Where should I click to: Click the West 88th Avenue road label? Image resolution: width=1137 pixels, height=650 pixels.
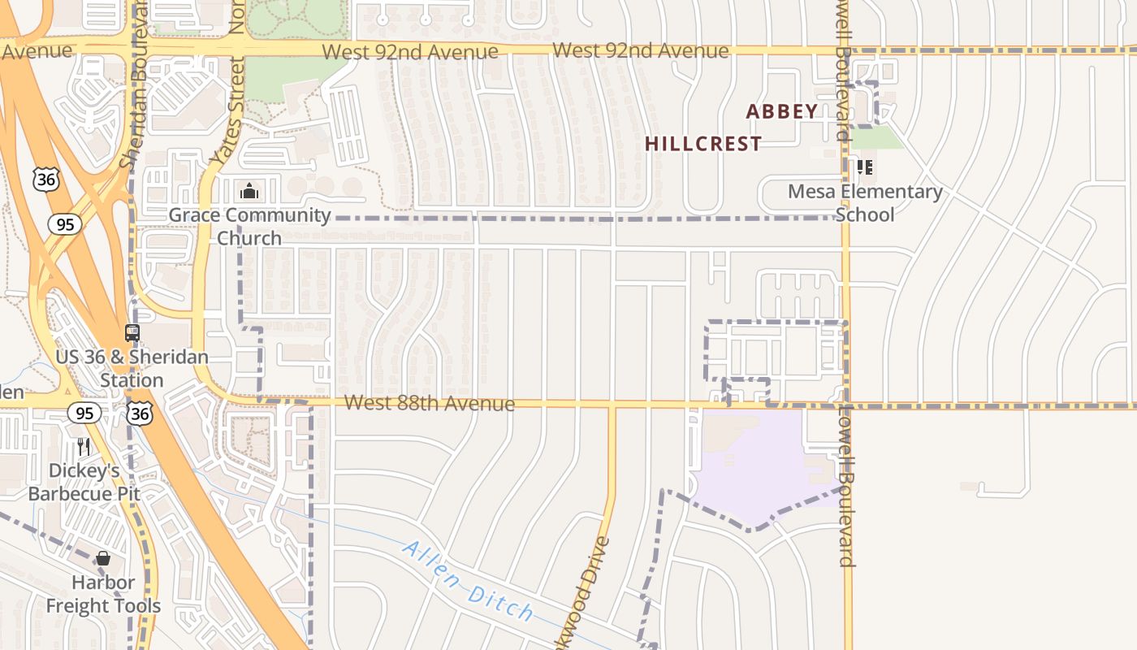pos(429,404)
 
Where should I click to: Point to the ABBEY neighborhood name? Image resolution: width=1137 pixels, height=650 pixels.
pos(781,112)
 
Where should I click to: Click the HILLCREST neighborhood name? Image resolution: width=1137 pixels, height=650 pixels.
pos(703,145)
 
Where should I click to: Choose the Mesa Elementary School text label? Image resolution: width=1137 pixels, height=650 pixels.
pos(865,203)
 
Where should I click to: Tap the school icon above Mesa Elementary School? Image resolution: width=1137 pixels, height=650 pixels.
pos(865,167)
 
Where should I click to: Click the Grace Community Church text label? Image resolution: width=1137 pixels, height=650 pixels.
pos(249,227)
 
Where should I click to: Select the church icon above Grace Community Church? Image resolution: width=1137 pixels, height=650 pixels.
pos(249,192)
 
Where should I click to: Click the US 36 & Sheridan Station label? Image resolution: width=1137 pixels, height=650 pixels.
pos(132,369)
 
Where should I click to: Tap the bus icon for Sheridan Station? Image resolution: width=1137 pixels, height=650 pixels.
pos(132,333)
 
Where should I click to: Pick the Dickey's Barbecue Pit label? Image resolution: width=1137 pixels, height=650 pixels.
pos(84,482)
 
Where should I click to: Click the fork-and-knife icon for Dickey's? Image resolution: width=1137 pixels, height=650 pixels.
pos(83,446)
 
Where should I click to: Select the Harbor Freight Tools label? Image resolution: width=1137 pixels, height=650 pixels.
pos(103,594)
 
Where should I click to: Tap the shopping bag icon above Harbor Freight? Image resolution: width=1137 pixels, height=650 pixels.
pos(103,558)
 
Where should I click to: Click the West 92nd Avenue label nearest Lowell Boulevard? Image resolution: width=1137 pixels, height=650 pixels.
pos(640,51)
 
